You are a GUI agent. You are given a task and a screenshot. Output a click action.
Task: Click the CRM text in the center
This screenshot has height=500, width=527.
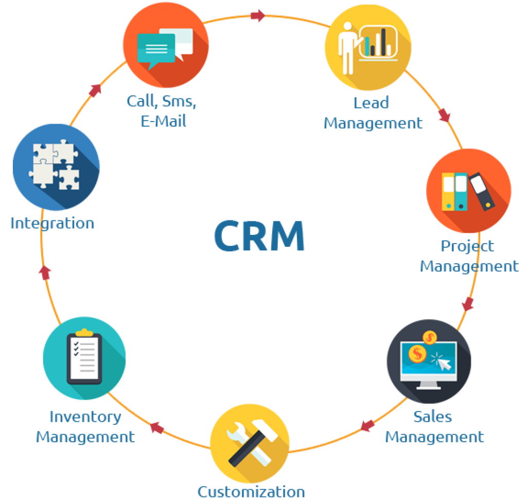click(x=259, y=236)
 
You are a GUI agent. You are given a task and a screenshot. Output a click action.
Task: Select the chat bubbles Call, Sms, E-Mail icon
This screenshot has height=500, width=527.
click(x=166, y=45)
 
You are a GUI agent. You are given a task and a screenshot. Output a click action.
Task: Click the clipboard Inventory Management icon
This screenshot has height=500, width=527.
click(x=84, y=358)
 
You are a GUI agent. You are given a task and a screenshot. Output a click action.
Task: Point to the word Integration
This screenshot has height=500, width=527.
click(x=52, y=223)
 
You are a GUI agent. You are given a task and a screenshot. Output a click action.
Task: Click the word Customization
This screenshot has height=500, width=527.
click(x=251, y=491)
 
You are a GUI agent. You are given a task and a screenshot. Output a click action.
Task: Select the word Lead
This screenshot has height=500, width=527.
click(x=371, y=102)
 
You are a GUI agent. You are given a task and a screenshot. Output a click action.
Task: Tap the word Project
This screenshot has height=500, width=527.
click(x=467, y=246)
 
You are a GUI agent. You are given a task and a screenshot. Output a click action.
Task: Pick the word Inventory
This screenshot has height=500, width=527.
click(x=85, y=417)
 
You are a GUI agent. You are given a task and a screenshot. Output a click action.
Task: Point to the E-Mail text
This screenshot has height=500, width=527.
click(x=163, y=121)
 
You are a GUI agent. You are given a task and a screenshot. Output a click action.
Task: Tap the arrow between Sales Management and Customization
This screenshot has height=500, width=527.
click(x=367, y=425)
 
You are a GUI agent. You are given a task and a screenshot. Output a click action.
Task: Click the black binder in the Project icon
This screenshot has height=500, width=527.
click(x=482, y=191)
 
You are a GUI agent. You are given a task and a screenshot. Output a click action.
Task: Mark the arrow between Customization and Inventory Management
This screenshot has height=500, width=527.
click(x=157, y=427)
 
